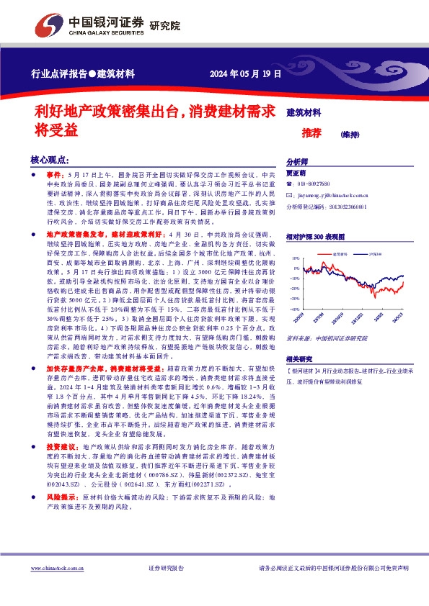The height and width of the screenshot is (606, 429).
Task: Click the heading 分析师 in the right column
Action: (x=296, y=162)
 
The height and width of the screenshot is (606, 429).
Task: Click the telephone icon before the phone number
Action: (x=290, y=184)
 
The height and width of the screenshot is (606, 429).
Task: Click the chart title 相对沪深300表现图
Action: (x=314, y=235)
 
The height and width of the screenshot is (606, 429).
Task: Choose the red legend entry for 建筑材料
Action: (x=337, y=255)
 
